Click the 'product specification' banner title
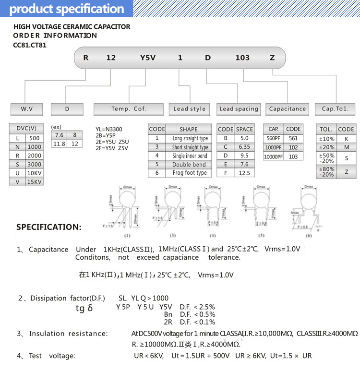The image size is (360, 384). click(x=67, y=9)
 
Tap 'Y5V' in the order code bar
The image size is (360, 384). click(x=145, y=58)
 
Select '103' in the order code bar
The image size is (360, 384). click(x=242, y=58)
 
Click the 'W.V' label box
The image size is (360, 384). click(x=27, y=109)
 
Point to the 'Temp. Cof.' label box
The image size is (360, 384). click(x=129, y=109)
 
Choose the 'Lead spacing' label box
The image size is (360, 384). click(x=239, y=109)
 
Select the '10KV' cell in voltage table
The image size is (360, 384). click(x=35, y=173)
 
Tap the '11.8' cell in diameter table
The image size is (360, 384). click(x=59, y=144)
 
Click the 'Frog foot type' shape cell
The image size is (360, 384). click(x=189, y=173)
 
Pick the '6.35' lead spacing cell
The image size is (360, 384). click(x=244, y=147)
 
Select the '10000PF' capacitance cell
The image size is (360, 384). click(x=273, y=156)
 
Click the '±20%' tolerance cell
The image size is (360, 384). click(x=326, y=147)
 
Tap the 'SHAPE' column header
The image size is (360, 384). click(x=188, y=129)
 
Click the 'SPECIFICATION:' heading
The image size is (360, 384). click(x=49, y=227)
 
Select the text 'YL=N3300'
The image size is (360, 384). click(x=109, y=129)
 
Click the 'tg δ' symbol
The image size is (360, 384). click(x=84, y=308)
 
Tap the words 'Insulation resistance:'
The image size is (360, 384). click(x=68, y=333)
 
